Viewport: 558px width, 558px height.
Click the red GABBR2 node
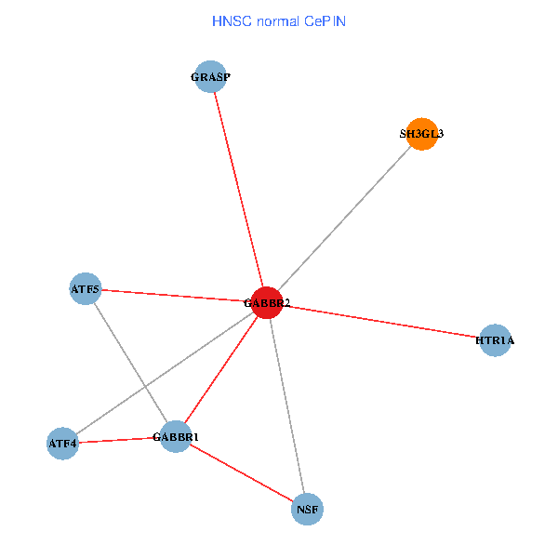click(x=267, y=303)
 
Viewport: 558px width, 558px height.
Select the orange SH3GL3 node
click(x=422, y=134)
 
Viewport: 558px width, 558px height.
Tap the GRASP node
click(x=211, y=77)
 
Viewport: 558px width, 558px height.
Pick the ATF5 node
click(x=86, y=288)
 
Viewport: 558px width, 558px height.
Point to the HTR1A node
click(x=495, y=340)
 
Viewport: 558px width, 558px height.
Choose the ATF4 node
click(x=62, y=444)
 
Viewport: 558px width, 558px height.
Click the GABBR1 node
click(x=176, y=436)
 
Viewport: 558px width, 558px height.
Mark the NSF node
click(x=308, y=509)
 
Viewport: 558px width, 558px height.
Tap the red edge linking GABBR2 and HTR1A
click(x=381, y=322)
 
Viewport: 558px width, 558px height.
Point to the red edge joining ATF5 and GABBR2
click(x=177, y=296)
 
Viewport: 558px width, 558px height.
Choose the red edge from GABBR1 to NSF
click(x=242, y=472)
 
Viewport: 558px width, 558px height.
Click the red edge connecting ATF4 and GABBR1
click(x=119, y=440)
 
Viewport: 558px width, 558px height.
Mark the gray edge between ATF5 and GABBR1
click(x=130, y=362)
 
